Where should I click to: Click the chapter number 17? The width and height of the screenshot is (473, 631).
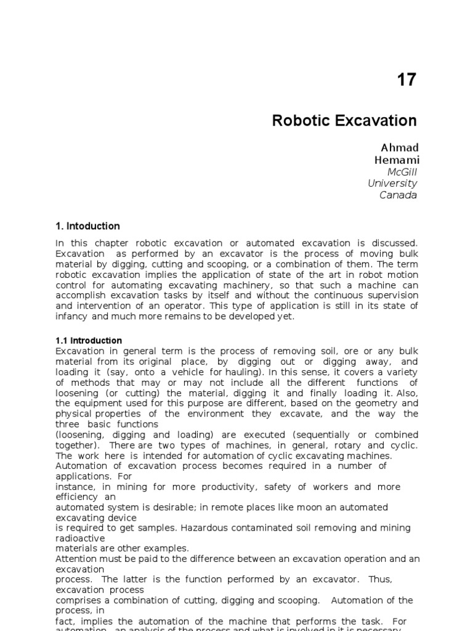pyautogui.click(x=406, y=80)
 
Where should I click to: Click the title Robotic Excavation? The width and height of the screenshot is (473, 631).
pyautogui.click(x=344, y=121)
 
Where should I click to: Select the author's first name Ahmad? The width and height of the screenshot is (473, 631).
pyautogui.click(x=400, y=148)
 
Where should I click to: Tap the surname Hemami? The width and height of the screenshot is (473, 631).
pyautogui.click(x=397, y=160)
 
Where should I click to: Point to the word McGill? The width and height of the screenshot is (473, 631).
pyautogui.click(x=402, y=171)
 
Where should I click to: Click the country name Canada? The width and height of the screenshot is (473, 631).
pyautogui.click(x=398, y=195)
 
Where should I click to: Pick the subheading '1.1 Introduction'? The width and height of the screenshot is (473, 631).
pyautogui.click(x=89, y=340)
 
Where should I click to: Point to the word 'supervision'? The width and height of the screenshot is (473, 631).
pyautogui.click(x=389, y=296)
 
